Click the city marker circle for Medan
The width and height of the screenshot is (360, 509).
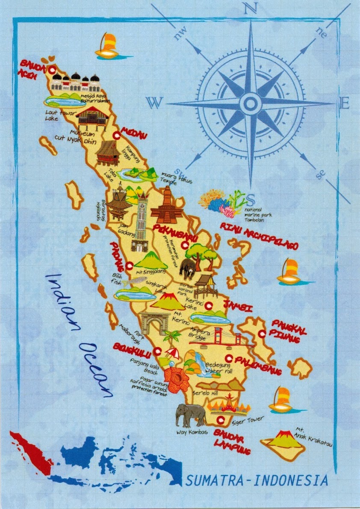pyautogui.click(x=116, y=136)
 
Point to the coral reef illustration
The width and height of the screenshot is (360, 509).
pyautogui.click(x=222, y=201)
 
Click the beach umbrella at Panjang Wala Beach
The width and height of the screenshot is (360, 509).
pyautogui.click(x=172, y=353)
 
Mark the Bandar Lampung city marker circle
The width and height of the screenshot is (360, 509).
pyautogui.click(x=221, y=420)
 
